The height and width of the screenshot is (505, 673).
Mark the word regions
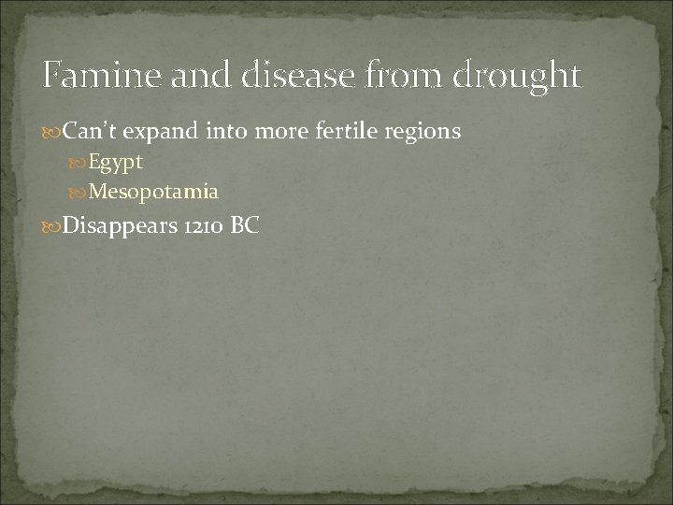(420, 133)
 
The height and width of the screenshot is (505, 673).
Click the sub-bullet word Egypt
(115, 163)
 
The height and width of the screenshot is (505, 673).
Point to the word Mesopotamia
(153, 193)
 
